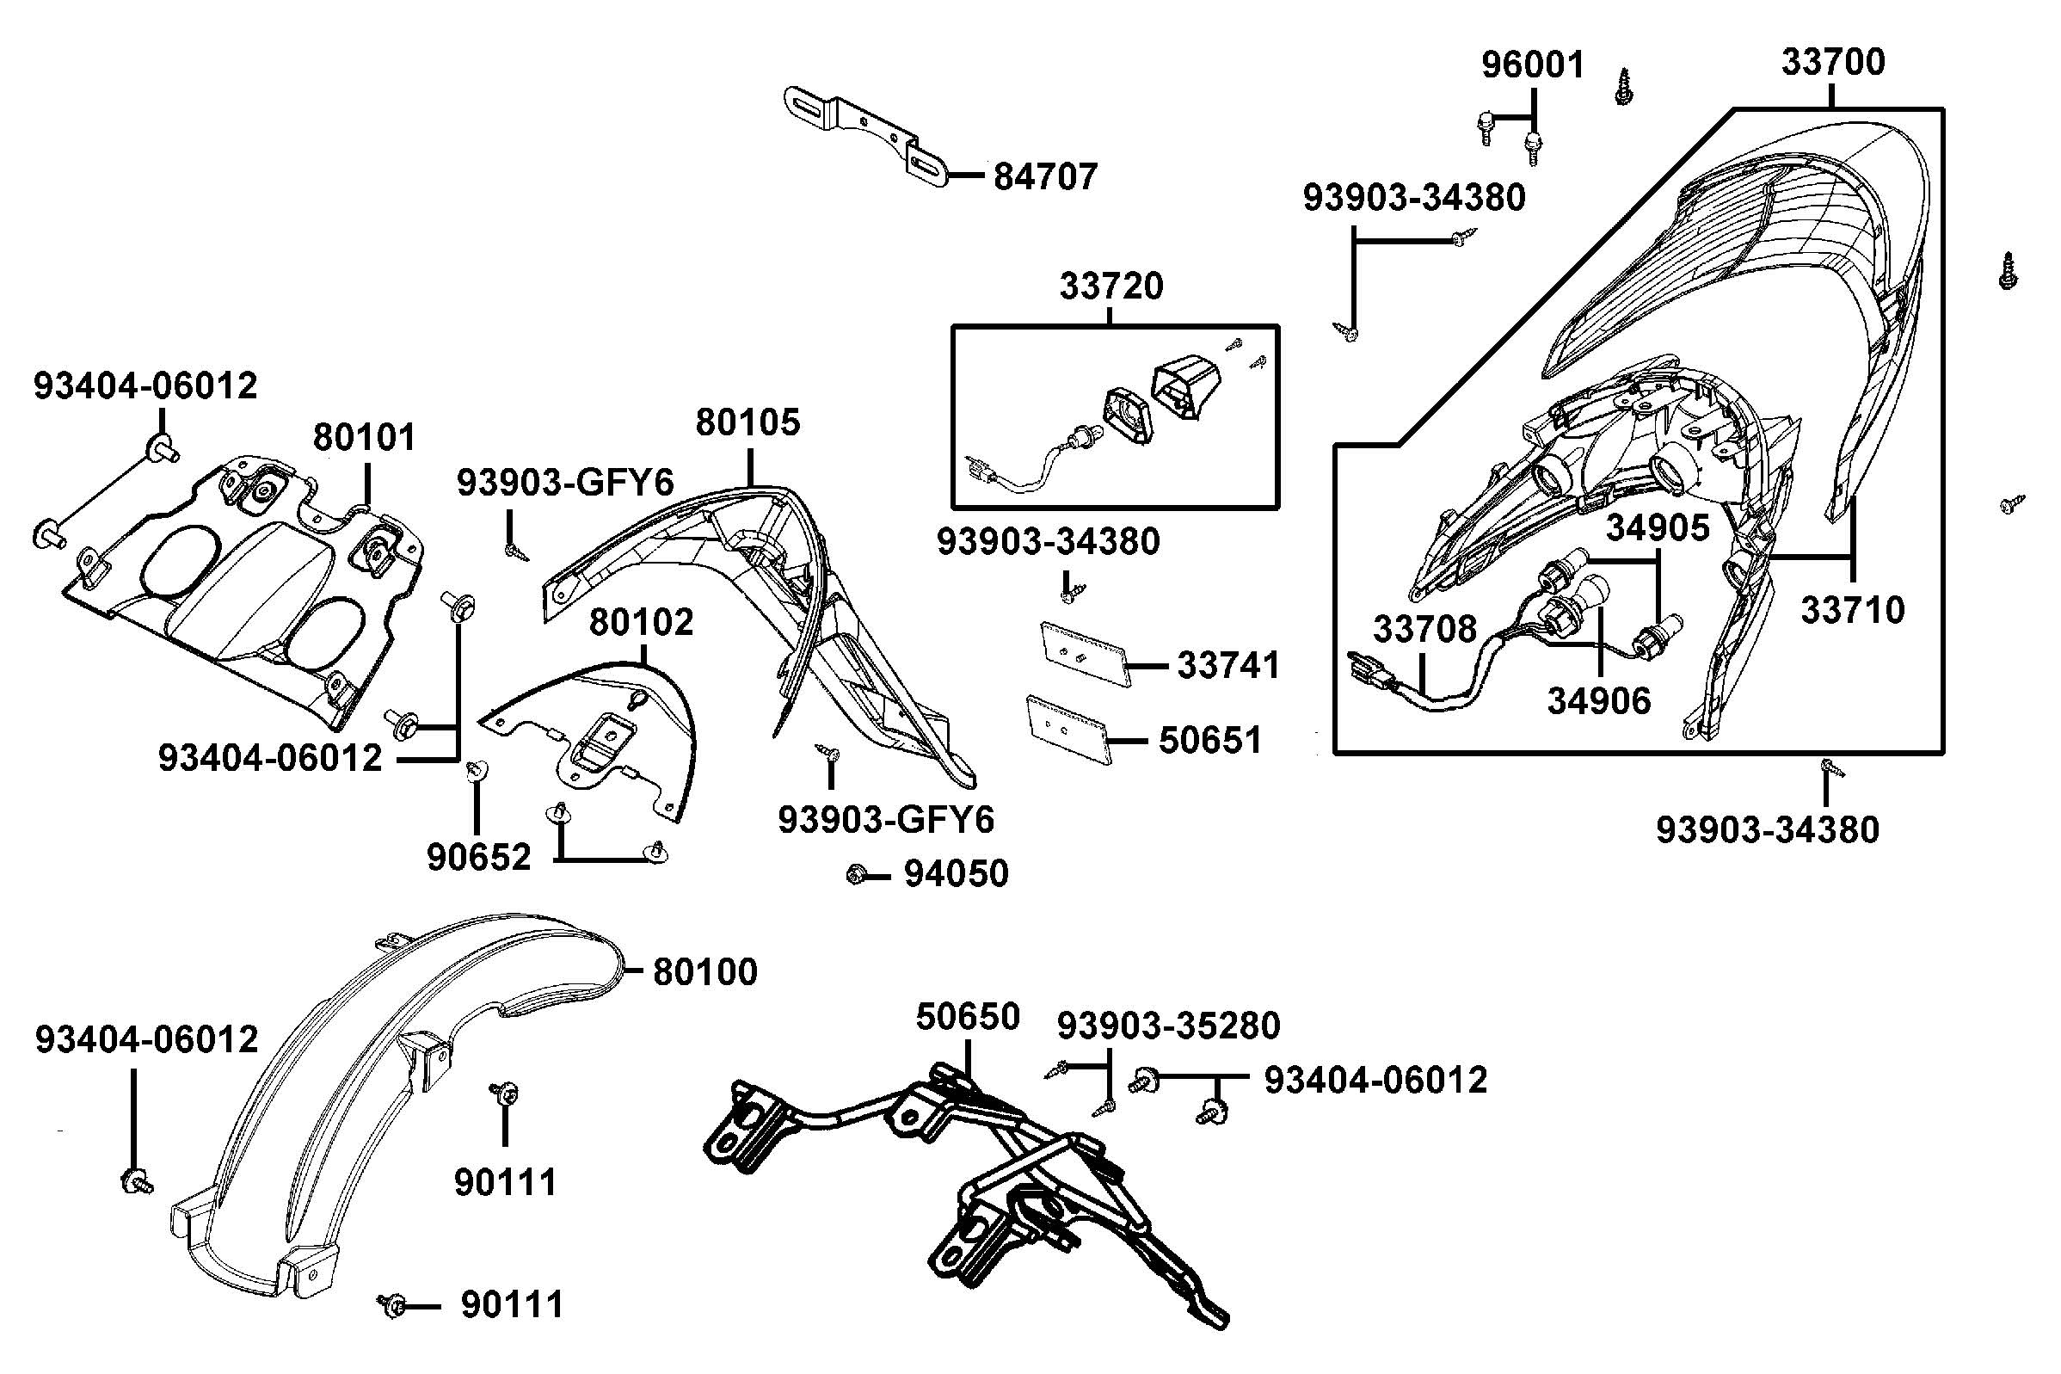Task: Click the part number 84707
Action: point(1044,177)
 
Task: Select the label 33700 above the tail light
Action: point(1832,62)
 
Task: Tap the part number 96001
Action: point(1533,65)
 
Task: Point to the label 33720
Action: point(1111,287)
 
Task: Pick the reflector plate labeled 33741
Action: point(1083,652)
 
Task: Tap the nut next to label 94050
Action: point(857,873)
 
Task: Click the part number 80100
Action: point(705,972)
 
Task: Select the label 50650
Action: point(968,1017)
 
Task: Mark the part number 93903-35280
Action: point(1168,1026)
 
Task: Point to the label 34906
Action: point(1598,700)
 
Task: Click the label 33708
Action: point(1424,628)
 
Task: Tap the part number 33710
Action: point(1853,610)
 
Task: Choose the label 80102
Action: point(641,622)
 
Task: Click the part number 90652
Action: point(479,857)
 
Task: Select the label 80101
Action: point(365,436)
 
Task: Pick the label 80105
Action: point(747,423)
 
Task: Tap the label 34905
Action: point(1658,527)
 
